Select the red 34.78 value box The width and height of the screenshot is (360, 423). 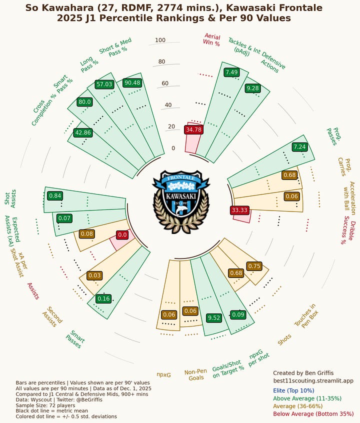coord(193,129)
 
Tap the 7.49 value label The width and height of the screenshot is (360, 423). coord(231,72)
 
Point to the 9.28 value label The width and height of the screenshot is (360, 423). coord(253,88)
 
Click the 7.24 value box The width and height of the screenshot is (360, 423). coord(299,147)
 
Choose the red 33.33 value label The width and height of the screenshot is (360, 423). coord(239,210)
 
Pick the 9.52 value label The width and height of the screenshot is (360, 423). coord(213,317)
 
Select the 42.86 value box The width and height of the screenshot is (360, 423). coord(82,132)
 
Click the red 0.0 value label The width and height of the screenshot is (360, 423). coord(122,234)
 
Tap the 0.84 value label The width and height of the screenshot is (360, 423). coord(55,195)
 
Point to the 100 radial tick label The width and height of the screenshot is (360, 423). coord(160,40)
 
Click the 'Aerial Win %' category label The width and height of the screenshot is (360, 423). coord(211,39)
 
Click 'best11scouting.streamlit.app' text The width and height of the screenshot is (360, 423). coord(313,381)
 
